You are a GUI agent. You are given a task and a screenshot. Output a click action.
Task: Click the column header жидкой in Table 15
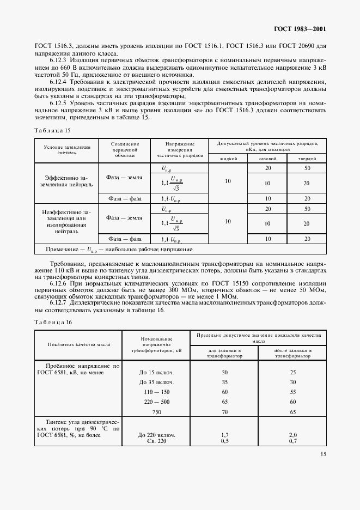click(228, 158)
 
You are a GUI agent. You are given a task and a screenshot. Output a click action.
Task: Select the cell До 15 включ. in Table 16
click(157, 372)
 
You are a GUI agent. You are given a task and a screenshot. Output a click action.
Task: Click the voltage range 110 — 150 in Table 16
click(157, 392)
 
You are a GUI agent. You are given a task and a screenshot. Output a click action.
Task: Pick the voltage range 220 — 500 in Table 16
click(157, 402)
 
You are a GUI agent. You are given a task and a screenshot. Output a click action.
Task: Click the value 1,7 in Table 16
click(224, 435)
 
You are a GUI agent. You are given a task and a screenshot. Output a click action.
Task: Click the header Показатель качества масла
click(79, 345)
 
